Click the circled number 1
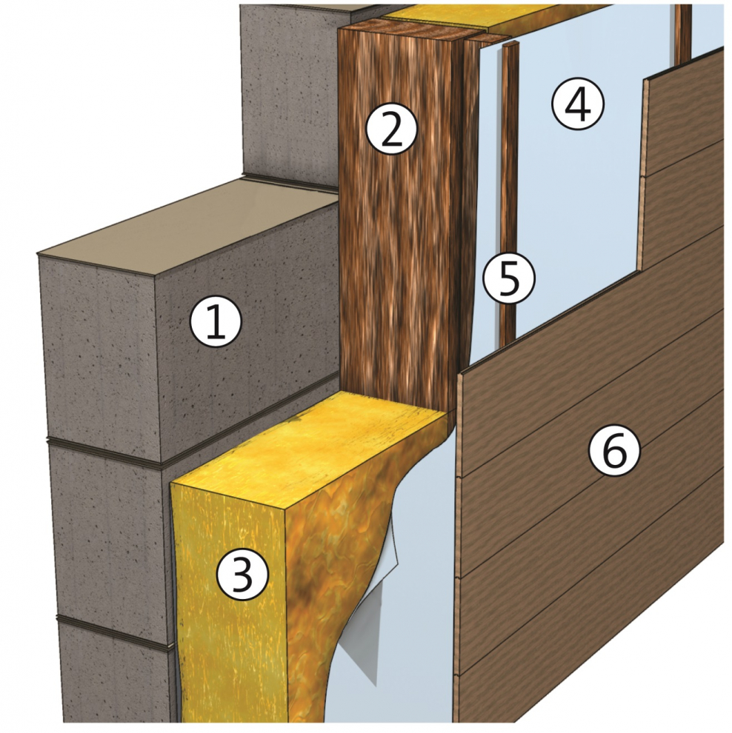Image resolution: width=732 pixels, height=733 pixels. pos(216,322)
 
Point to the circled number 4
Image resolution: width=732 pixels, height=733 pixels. pos(578,104)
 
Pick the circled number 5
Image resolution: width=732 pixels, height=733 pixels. pos(508,278)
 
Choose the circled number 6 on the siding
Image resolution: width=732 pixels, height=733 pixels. pos(614,451)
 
